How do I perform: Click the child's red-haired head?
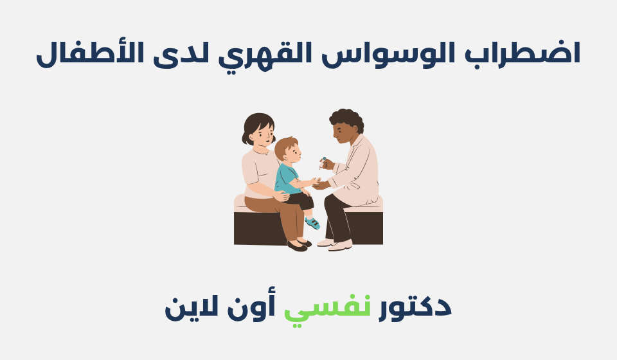[286, 149]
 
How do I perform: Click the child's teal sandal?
[312, 223]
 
